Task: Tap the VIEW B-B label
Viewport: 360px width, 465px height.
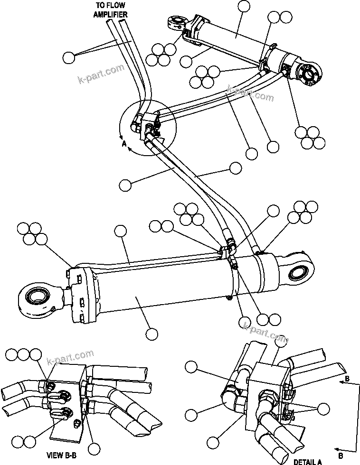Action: pyautogui.click(x=61, y=456)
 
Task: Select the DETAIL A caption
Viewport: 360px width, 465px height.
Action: pyautogui.click(x=307, y=461)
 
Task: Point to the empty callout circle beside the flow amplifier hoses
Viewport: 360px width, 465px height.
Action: pyautogui.click(x=69, y=58)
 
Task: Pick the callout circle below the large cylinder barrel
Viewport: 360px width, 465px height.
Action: pyautogui.click(x=151, y=334)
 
